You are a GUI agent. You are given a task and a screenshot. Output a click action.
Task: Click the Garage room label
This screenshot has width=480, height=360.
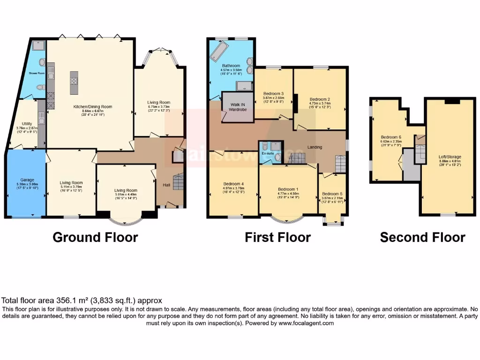27,180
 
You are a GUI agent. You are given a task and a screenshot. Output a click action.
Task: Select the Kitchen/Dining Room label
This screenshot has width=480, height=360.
93,106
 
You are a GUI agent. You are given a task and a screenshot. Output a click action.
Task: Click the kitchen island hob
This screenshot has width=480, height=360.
74,80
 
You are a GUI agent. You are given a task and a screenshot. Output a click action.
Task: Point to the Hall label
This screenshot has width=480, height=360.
166,185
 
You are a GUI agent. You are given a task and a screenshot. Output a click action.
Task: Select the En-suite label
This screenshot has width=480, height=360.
267,152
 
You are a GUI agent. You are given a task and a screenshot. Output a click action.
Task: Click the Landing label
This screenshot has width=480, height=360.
315,147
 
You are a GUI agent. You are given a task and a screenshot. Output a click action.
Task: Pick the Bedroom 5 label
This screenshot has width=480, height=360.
332,194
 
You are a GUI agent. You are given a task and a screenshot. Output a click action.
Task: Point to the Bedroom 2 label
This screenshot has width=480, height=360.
320,99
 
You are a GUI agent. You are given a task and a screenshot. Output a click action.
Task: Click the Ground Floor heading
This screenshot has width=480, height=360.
95,237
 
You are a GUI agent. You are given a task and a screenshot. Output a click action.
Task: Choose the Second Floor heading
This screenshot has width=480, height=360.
422,237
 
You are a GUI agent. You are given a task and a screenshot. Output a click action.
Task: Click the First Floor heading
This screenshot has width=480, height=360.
277,237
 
